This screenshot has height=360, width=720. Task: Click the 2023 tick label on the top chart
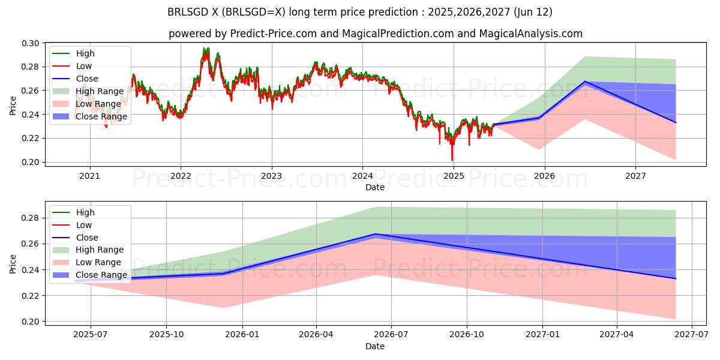(x=271, y=176)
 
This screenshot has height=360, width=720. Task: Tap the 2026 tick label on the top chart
(x=544, y=176)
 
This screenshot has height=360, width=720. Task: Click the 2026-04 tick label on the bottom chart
(x=316, y=335)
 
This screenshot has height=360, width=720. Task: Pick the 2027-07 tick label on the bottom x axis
(x=692, y=335)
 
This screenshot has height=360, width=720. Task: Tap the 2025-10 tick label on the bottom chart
(x=166, y=335)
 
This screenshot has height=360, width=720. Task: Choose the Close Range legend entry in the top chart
(x=101, y=116)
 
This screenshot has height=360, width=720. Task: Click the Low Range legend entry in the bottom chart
(x=98, y=262)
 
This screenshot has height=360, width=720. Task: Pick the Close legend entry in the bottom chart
(x=87, y=238)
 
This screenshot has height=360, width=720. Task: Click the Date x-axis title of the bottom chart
(x=375, y=346)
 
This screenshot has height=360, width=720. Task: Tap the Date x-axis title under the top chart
(x=375, y=187)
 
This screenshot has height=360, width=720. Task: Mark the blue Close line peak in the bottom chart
(x=376, y=234)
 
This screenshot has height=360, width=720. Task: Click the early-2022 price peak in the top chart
(x=206, y=49)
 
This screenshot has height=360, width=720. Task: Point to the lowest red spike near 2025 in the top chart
(x=452, y=160)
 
